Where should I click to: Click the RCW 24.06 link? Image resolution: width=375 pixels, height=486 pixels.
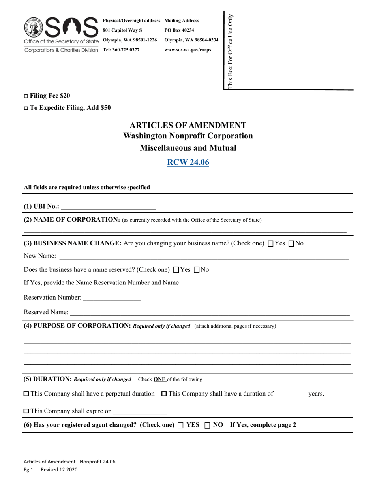point(188,162)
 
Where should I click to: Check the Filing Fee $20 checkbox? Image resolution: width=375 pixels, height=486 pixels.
point(26,96)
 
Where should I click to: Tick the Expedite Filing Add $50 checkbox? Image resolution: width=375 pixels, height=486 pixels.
point(26,108)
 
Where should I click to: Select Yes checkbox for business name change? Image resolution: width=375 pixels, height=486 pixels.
point(270,244)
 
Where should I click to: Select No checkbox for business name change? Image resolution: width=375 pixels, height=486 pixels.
point(292,244)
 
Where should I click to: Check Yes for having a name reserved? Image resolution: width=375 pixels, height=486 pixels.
point(176,270)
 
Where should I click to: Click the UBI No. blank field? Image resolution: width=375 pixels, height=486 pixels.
point(109,207)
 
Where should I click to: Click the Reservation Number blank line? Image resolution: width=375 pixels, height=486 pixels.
point(112,298)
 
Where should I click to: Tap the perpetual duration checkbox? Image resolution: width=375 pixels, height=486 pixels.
point(26,394)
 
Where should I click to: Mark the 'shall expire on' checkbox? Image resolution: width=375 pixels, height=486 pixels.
point(26,411)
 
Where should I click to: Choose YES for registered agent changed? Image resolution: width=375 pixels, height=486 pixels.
point(180,426)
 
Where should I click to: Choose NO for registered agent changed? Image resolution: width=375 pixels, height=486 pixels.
point(207,426)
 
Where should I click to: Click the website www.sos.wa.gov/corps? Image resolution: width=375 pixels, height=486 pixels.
point(187,50)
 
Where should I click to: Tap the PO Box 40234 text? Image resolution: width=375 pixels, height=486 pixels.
point(179,30)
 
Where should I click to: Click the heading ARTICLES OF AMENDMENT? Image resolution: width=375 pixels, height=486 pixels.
point(188,125)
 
